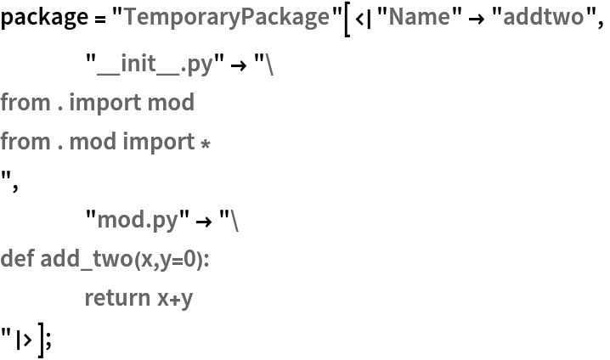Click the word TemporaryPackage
[226, 16]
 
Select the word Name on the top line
[419, 16]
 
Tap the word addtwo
[543, 16]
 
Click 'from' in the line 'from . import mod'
[25, 103]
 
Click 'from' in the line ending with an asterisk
[25, 141]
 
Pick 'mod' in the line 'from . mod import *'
[93, 141]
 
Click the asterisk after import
[205, 143]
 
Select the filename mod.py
[137, 220]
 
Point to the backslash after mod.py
[234, 220]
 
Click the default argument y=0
[181, 258]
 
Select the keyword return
[116, 297]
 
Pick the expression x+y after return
[175, 298]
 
